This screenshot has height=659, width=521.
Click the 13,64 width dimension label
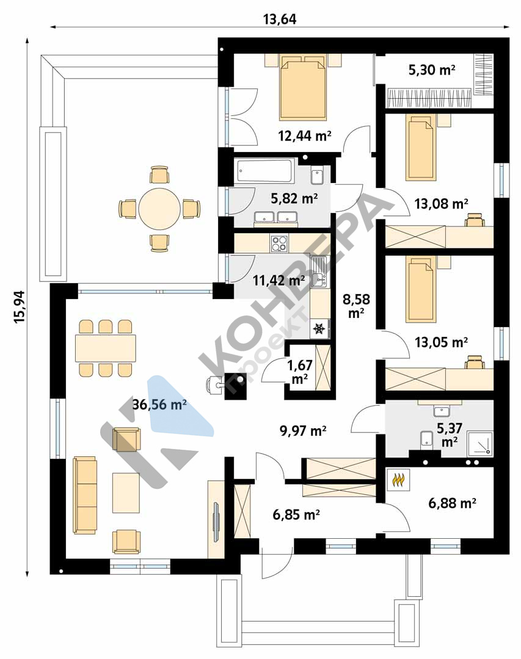tap(280, 19)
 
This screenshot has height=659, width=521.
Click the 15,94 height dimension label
tap(20, 307)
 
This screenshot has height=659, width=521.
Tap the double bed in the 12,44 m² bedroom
tap(303, 88)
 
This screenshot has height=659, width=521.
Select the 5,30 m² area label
tap(432, 70)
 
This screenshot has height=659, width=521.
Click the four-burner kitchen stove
tap(280, 243)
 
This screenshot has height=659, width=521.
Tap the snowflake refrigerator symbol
tap(320, 328)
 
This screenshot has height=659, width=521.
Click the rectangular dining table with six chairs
tap(106, 348)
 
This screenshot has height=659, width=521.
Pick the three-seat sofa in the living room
tap(85, 495)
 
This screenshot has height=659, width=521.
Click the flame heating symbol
tap(398, 480)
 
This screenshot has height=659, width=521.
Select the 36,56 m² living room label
tap(159, 405)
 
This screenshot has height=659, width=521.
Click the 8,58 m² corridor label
tap(356, 306)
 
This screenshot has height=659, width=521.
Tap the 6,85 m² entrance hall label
tap(296, 514)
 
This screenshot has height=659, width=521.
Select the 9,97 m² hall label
tap(303, 430)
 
